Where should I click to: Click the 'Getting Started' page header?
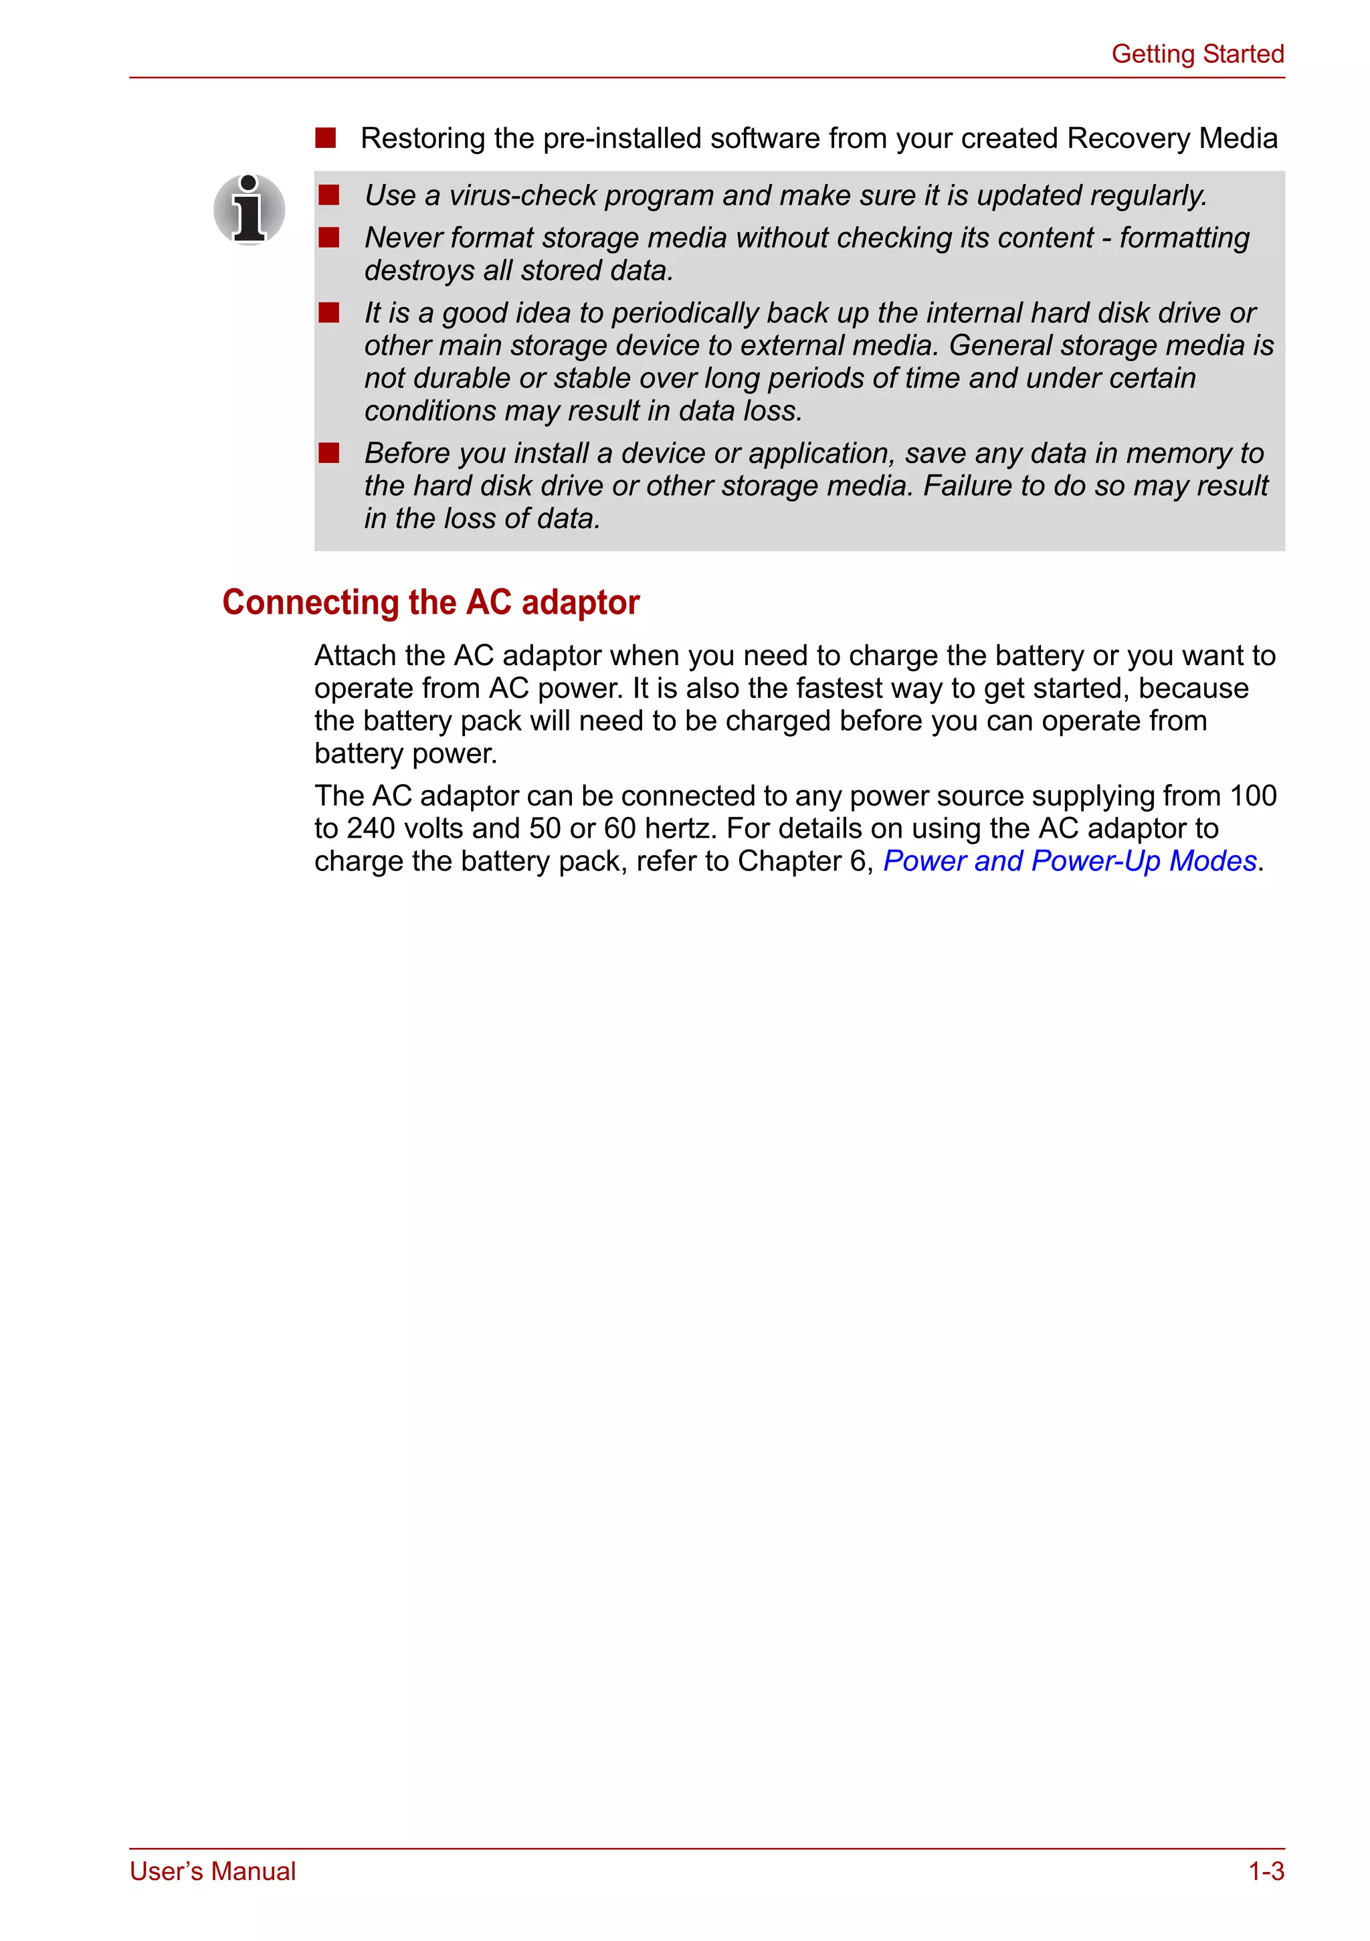click(x=1197, y=54)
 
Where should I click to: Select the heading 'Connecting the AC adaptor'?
click(x=430, y=603)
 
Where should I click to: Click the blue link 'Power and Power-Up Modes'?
click(x=1069, y=862)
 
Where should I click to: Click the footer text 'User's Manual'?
click(x=212, y=1871)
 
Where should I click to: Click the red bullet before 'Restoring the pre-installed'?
click(x=325, y=138)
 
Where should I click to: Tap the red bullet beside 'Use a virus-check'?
click(x=328, y=195)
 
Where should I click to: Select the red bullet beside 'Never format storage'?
click(x=328, y=238)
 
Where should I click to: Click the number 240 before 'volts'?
click(x=369, y=829)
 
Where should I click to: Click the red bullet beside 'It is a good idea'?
click(x=328, y=312)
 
